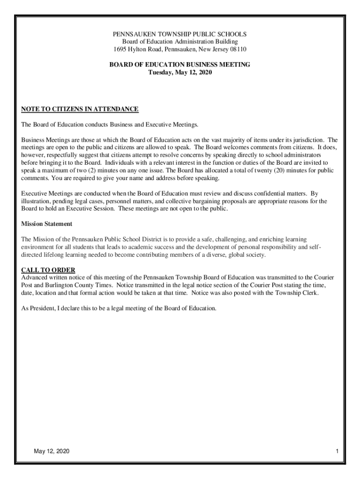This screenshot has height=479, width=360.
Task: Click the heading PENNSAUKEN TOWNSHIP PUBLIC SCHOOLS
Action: pos(180,34)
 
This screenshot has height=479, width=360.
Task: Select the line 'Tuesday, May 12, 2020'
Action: pos(180,72)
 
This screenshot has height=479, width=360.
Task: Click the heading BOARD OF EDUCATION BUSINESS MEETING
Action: pos(180,65)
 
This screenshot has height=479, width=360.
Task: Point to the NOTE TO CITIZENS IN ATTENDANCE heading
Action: pos(80,109)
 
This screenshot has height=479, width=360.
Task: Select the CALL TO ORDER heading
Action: pos(48,270)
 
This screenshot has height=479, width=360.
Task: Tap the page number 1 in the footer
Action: pos(337,451)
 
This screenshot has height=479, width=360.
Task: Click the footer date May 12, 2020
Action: pos(51,451)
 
